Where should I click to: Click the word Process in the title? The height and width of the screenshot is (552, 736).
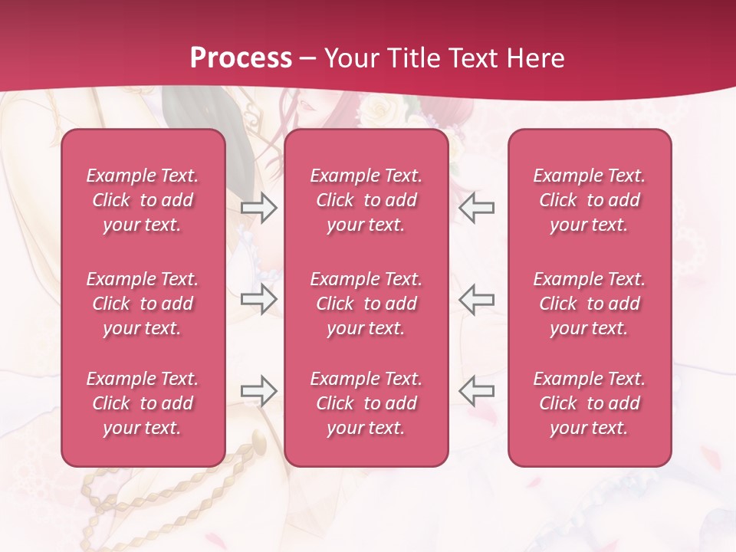(241, 58)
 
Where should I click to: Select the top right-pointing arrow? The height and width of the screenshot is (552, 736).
(258, 208)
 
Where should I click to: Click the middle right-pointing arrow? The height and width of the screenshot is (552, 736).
(258, 299)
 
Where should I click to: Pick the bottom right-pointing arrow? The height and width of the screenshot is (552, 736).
(258, 391)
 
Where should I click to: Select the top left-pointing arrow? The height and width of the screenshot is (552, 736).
(476, 208)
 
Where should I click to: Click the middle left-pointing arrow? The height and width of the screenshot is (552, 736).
(476, 299)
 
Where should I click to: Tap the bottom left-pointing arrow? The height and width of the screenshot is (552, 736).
(476, 391)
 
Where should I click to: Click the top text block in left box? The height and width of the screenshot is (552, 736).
(143, 200)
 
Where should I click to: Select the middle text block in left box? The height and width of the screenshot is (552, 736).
(143, 304)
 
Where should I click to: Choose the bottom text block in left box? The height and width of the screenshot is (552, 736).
(143, 403)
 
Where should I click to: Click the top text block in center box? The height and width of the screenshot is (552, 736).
(366, 200)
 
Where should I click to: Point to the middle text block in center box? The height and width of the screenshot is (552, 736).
(366, 304)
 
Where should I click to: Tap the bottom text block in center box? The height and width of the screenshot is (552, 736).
(366, 403)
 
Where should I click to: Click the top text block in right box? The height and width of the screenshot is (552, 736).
(589, 200)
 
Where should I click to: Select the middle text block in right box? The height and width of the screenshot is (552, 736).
(589, 304)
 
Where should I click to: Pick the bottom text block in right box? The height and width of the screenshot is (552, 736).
(589, 403)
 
